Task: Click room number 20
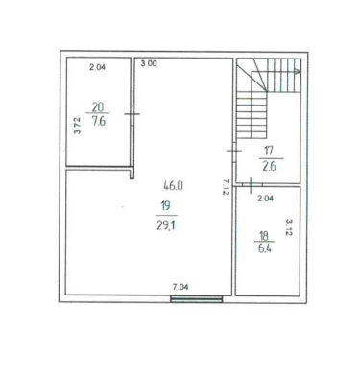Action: [x=98, y=106]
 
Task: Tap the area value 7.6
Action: [x=99, y=121]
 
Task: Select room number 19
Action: [x=165, y=206]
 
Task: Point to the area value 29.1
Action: [x=166, y=225]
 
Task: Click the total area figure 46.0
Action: [x=173, y=185]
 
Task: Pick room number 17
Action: [x=268, y=150]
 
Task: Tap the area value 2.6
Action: [x=269, y=167]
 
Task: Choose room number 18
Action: [x=264, y=236]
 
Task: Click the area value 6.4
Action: [x=265, y=248]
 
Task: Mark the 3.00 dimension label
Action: [x=149, y=63]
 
